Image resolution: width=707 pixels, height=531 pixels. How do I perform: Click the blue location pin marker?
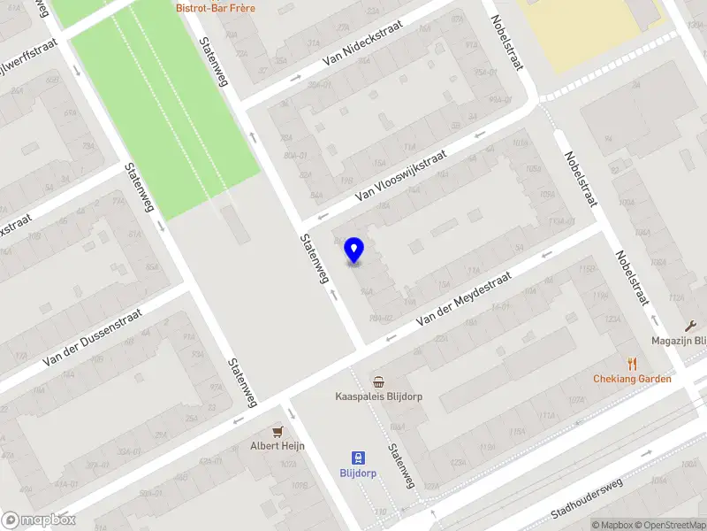pos(353,250)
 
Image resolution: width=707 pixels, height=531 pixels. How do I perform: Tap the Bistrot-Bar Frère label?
pos(217,8)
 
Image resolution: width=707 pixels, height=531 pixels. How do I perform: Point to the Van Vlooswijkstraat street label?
pos(400,174)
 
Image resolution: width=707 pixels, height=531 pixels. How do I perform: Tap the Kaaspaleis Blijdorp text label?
pos(378,396)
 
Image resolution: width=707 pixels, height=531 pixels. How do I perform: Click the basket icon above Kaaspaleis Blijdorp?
pos(378,382)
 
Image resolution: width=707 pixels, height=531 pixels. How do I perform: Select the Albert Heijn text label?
pos(277,445)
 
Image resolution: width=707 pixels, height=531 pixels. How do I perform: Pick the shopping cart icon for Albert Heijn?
pos(277,431)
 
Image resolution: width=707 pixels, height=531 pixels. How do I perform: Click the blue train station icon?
pos(358,458)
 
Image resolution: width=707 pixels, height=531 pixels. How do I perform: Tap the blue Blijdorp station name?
pos(358,473)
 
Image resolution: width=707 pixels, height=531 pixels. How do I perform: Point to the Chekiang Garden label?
pos(632,379)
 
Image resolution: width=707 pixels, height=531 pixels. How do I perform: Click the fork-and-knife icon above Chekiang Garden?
pos(632,364)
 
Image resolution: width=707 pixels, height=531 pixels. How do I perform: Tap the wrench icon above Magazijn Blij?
pos(691,326)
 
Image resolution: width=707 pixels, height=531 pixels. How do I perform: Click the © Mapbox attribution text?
pos(614,525)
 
